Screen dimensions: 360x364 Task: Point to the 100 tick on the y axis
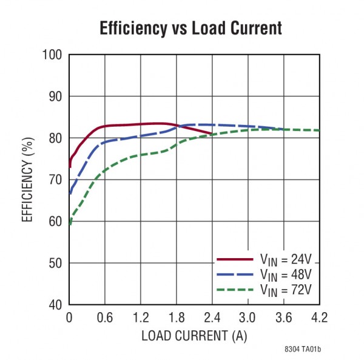tap(52, 55)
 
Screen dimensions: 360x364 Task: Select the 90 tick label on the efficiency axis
tap(55, 96)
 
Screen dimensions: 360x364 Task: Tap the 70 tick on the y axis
tap(55, 180)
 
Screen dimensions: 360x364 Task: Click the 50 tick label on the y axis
tap(55, 263)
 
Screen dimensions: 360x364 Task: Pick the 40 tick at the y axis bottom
tap(55, 305)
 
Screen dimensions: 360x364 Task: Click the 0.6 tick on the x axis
tap(105, 318)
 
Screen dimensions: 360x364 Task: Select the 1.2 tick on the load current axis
tap(140, 318)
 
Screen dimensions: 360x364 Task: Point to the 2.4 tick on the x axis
tap(212, 318)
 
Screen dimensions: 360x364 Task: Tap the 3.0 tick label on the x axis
tap(248, 318)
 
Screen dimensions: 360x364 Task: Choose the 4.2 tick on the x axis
tap(319, 318)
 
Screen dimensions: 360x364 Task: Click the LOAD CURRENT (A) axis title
tap(194, 335)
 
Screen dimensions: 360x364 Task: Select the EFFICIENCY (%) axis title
tap(27, 180)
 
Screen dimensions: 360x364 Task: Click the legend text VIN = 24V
tap(285, 260)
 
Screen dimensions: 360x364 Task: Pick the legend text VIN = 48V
tap(285, 275)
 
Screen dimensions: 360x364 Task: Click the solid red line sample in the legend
tap(234, 260)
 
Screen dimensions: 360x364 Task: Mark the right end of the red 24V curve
tap(212, 133)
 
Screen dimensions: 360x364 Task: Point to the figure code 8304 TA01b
tap(302, 350)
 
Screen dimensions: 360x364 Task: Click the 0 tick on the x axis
tap(69, 318)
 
